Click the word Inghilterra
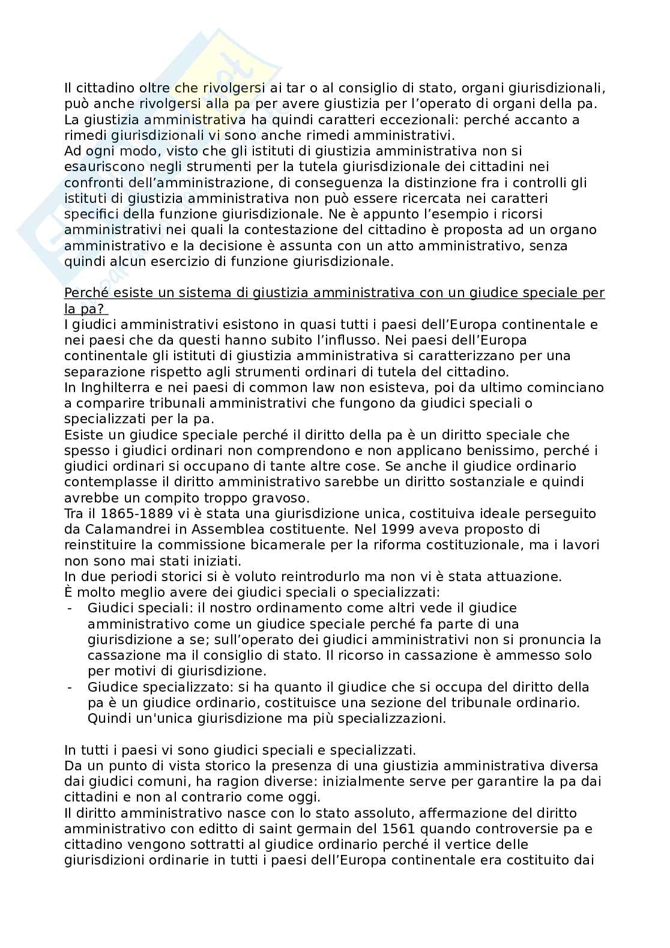106,387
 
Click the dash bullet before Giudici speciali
71,608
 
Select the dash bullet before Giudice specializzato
71,687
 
